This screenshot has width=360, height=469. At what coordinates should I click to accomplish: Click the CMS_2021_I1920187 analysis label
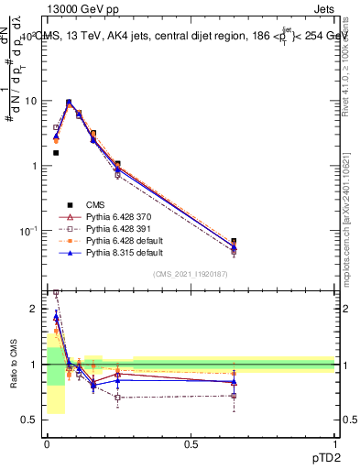click(191, 274)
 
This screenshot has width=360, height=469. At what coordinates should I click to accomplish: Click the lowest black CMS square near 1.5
click(56, 153)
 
